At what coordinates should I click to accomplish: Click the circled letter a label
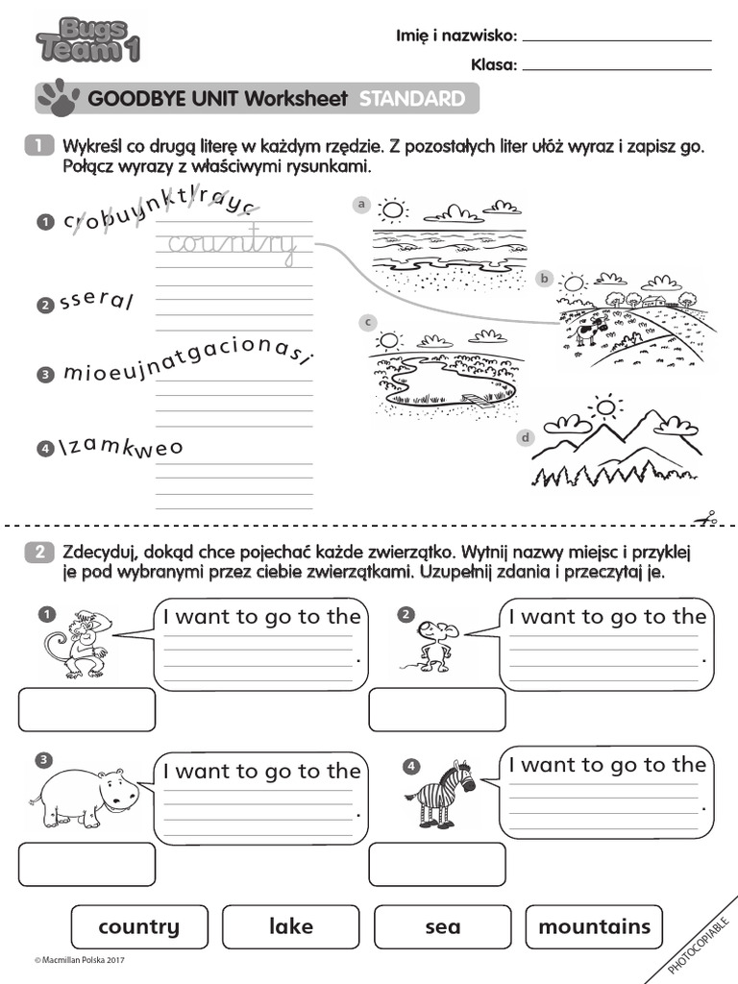tap(361, 204)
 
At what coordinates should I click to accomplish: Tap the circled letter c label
tap(367, 322)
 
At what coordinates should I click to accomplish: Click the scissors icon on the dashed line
tap(709, 518)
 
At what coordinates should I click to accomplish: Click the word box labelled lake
tap(291, 926)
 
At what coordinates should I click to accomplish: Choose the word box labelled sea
tap(442, 926)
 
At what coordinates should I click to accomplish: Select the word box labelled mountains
tap(594, 926)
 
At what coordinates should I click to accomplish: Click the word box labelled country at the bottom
tap(138, 926)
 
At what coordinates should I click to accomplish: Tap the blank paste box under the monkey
tap(86, 709)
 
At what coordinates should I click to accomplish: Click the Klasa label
tap(494, 65)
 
